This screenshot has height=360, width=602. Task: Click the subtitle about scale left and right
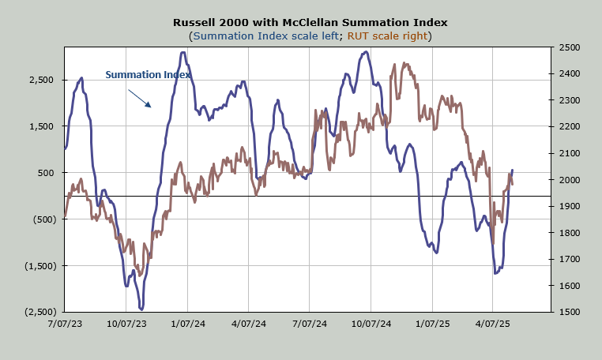(x=310, y=36)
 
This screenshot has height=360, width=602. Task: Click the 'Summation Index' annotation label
(x=148, y=75)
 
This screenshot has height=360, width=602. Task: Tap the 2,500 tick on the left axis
(x=38, y=80)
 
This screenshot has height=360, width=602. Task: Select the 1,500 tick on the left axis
(x=38, y=126)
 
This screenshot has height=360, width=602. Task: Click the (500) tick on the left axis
(x=40, y=219)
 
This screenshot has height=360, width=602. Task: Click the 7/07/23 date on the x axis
(x=65, y=324)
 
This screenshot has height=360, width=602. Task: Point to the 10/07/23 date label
(x=126, y=324)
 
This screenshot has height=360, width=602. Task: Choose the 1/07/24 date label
(x=187, y=324)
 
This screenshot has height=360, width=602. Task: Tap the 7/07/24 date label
(x=310, y=324)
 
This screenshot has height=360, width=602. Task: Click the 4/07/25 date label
(x=493, y=324)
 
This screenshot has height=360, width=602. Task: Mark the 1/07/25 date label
(x=432, y=324)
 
